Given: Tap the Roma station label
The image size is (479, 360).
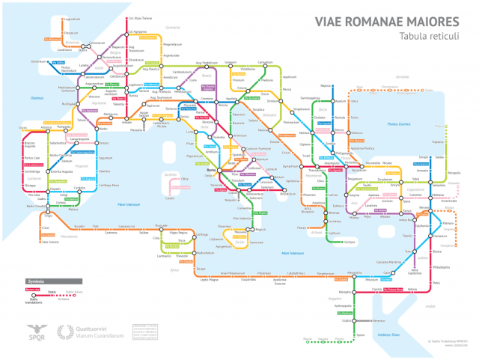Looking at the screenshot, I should coord(210,174).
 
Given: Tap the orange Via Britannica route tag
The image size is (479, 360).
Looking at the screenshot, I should coord(52,39).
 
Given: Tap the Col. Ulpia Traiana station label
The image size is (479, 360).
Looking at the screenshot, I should coord(141,19).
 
